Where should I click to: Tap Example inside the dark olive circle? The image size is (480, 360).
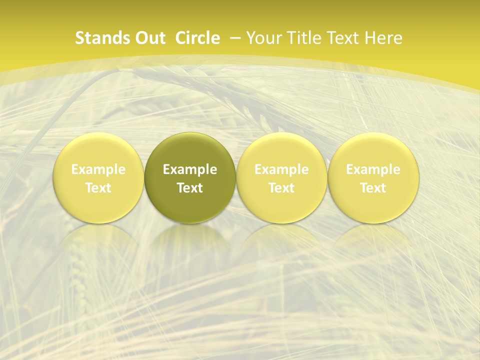190,170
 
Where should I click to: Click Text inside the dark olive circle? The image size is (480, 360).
190,188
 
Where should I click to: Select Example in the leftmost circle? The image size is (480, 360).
98,170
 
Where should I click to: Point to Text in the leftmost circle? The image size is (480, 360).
98,188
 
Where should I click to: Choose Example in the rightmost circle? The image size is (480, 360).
373,170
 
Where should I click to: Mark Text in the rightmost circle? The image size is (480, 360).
373,188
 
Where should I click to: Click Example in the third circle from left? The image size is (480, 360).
281,170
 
